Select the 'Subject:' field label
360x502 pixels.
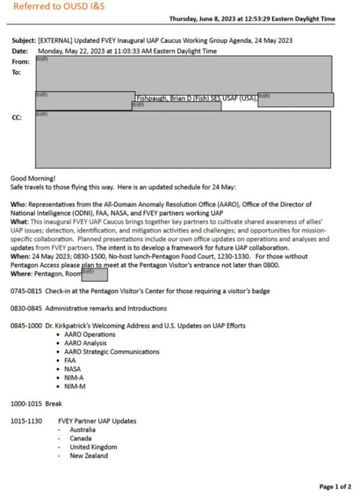(23, 40)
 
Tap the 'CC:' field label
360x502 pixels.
(17, 118)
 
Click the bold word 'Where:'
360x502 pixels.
(22, 273)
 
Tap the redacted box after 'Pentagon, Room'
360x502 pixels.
(94, 275)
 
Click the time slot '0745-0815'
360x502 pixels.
(26, 291)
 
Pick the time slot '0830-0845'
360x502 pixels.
(26, 308)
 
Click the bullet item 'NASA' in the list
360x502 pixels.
(72, 369)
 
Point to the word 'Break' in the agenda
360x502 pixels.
(53, 404)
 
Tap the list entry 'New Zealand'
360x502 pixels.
(89, 456)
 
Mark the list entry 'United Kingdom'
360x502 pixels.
(93, 447)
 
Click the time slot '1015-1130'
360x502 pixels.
(26, 421)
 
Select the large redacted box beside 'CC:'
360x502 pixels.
(182, 139)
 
